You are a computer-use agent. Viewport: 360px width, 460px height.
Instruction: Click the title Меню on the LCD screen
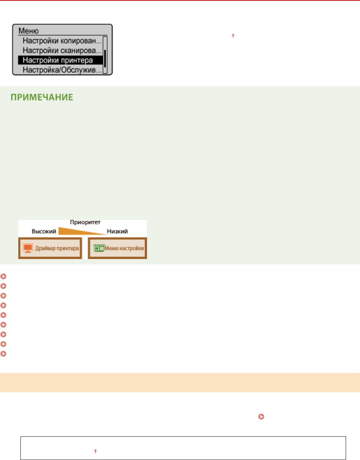(28, 31)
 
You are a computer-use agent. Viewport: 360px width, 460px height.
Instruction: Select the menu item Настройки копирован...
(62, 41)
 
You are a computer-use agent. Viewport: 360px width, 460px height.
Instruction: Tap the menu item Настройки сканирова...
(62, 51)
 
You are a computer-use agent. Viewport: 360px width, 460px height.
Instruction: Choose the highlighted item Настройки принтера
(58, 60)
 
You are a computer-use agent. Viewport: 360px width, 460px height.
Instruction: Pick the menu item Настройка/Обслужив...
(62, 70)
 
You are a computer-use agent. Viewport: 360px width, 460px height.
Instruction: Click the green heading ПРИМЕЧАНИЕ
(42, 97)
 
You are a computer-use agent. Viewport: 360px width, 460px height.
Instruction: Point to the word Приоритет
(85, 222)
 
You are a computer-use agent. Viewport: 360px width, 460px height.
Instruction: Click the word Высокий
(44, 231)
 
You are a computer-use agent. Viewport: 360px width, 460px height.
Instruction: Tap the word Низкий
(117, 231)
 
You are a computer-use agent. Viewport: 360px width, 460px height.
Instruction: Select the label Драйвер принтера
(57, 248)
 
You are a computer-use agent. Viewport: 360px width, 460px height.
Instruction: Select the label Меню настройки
(124, 248)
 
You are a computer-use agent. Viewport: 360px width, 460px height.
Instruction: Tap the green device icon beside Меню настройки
(98, 248)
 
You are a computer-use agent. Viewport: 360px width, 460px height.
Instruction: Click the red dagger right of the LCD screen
(233, 35)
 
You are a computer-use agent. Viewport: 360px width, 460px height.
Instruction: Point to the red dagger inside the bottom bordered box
(95, 451)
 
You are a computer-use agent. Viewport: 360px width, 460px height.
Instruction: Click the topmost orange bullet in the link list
(3, 276)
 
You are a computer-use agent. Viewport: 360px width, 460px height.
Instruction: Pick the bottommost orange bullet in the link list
(3, 354)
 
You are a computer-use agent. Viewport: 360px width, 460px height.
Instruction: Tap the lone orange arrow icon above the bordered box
(261, 417)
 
